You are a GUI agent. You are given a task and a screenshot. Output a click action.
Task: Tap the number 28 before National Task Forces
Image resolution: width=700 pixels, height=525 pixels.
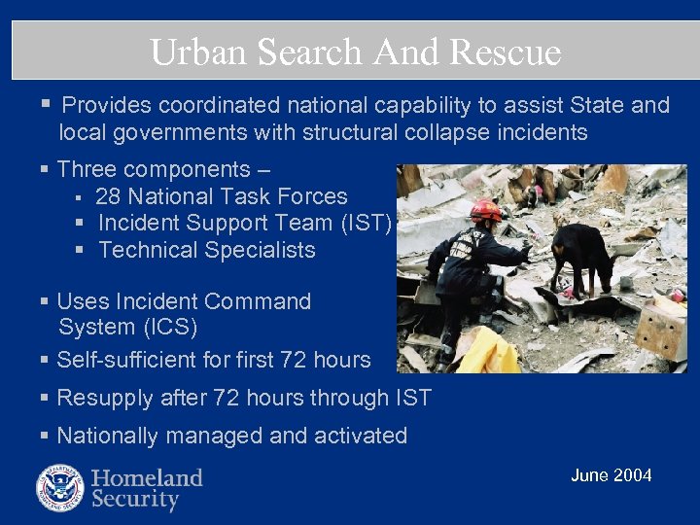click(108, 196)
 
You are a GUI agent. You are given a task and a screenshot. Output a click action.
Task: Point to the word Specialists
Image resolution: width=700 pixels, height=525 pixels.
click(256, 250)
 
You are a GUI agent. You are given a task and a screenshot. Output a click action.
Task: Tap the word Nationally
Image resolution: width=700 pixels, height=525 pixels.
click(105, 436)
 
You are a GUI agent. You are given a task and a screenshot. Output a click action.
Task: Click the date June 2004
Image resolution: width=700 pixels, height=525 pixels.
click(611, 475)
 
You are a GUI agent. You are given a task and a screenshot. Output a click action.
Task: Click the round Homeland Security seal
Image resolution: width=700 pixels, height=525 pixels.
click(60, 488)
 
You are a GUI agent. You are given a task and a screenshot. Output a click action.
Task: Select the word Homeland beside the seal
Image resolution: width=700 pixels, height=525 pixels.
click(147, 477)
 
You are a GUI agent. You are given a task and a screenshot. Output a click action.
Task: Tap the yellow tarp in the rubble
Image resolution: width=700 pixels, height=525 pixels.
click(486, 353)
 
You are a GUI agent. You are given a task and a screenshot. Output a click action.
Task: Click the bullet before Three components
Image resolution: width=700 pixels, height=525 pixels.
click(45, 169)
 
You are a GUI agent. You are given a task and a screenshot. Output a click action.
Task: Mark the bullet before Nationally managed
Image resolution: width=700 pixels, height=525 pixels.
click(45, 436)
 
